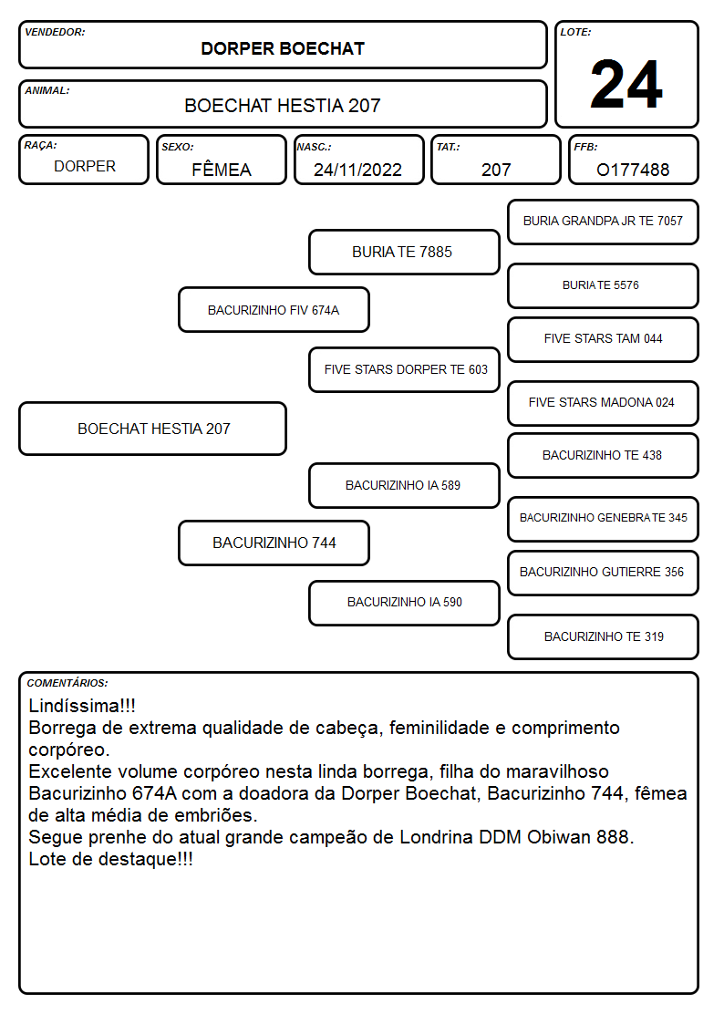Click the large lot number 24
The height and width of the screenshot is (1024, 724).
coord(626,84)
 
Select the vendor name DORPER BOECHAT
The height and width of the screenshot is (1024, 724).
coord(283,49)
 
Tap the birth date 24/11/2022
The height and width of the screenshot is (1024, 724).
coord(357,170)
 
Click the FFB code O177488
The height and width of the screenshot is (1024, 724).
coord(633,170)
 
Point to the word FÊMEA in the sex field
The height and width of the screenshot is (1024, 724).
coord(222,169)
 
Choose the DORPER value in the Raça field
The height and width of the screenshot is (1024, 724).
coord(85,167)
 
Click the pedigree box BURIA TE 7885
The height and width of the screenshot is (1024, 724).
coord(404,252)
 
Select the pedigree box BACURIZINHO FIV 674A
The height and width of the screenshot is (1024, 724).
coord(274,309)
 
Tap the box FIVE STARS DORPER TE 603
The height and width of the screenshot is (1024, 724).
coord(404,369)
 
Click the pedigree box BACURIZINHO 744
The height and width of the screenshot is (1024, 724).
coord(274,543)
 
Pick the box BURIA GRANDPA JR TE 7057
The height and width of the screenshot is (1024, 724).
coord(603,222)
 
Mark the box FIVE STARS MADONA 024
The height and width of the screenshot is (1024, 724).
coord(603,403)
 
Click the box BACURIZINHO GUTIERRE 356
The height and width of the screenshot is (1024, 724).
coord(603,573)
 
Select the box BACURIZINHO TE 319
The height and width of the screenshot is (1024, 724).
coord(603,636)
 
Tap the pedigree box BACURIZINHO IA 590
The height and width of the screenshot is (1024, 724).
coord(404,603)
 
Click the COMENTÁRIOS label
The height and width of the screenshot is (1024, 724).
coord(67,683)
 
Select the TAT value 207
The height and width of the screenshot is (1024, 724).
coord(496,170)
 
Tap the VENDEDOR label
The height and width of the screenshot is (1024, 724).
coord(55,32)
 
